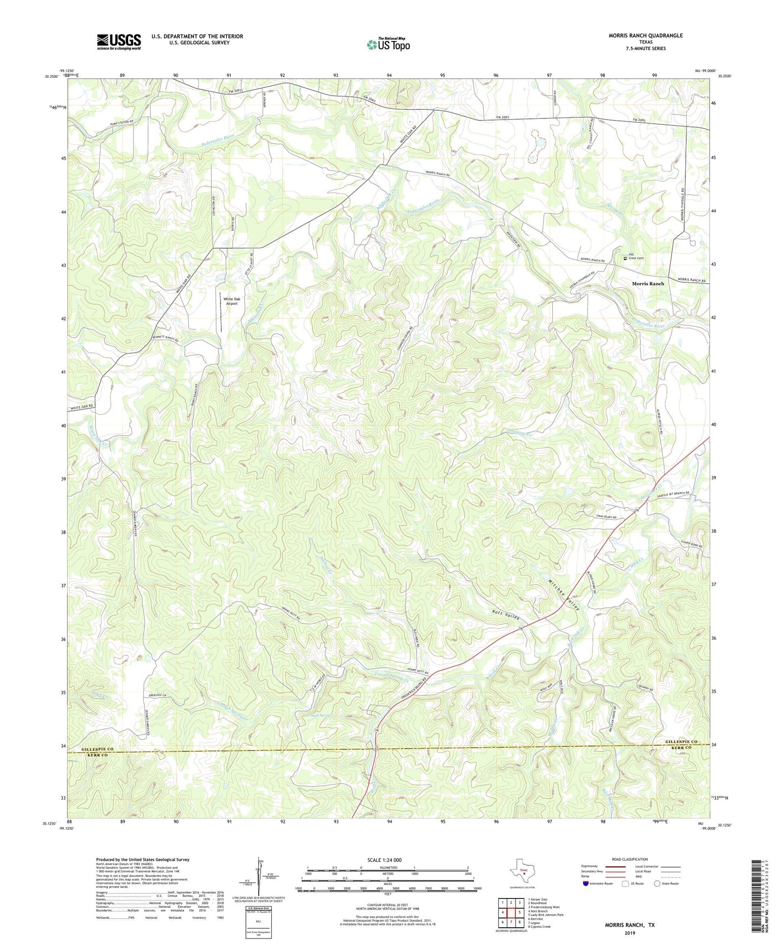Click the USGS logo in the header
coord(118,42)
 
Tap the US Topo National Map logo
coord(388,44)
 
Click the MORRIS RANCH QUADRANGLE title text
coord(645,36)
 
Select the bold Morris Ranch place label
coord(648,283)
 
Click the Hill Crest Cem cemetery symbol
coord(625,258)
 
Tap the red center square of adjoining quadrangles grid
coord(511,913)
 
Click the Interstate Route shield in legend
coord(587,883)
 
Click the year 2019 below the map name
coord(630,933)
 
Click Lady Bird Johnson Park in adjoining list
coord(545,915)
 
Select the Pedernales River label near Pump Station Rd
coord(202,144)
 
